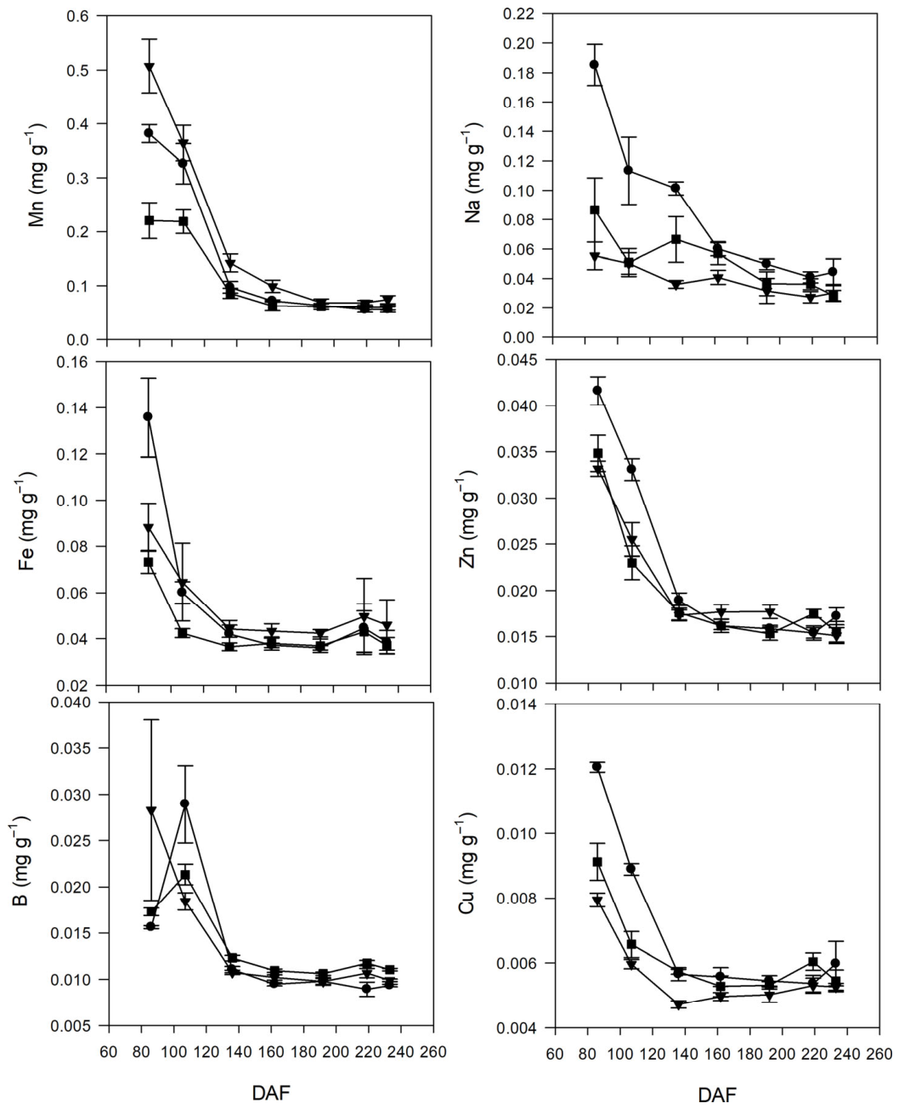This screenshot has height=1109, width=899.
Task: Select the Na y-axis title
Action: [472, 172]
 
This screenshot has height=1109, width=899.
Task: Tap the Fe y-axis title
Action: [26, 520]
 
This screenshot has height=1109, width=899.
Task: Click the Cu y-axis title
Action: [466, 860]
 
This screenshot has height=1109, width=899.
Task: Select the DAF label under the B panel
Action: [271, 1078]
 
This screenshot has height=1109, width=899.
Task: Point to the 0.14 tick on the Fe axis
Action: [71, 407]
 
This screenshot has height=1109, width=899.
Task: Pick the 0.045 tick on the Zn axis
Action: [515, 359]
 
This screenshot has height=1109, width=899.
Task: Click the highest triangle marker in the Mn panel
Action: [150, 67]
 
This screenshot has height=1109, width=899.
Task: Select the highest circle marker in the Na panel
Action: [594, 65]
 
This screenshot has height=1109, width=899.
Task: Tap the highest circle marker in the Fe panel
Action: [148, 416]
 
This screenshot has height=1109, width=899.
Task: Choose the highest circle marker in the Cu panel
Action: [597, 767]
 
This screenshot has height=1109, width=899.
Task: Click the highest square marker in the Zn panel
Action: [598, 453]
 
